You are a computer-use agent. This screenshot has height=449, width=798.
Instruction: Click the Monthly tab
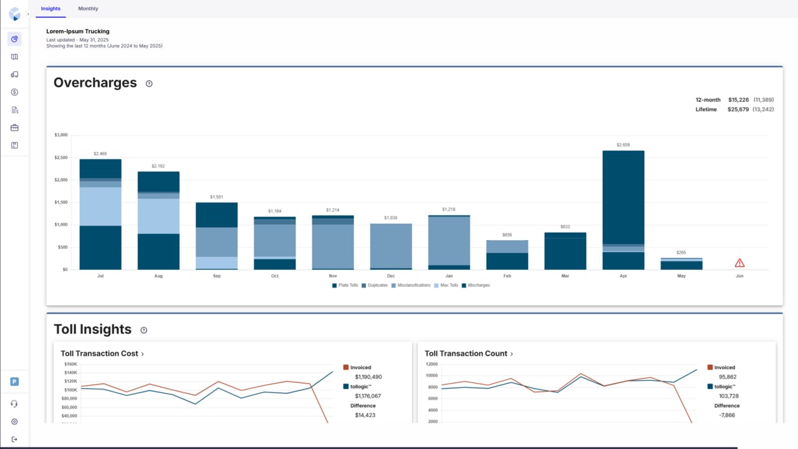point(88,9)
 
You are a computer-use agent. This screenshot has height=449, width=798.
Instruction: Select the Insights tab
point(50,9)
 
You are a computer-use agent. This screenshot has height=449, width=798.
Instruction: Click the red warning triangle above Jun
point(739,263)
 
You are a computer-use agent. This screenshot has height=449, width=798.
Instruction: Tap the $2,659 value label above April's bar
point(623,145)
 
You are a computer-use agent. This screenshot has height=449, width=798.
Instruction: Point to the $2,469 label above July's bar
point(100,153)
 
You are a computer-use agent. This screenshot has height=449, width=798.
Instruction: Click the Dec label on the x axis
point(390,276)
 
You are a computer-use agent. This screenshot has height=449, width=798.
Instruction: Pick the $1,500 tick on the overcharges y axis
point(60,202)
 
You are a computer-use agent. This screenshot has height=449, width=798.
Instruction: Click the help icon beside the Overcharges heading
point(149,84)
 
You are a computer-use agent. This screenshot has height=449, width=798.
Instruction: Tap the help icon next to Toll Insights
point(144,330)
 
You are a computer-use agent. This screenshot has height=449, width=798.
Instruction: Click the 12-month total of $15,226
point(738,100)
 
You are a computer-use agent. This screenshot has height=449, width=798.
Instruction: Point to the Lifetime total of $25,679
point(738,109)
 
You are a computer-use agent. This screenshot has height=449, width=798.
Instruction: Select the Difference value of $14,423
point(365,415)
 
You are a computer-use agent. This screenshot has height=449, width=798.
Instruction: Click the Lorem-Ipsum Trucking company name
point(78,31)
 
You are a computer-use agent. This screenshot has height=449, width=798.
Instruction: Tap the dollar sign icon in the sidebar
point(14,92)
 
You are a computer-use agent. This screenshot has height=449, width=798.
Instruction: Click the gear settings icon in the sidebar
point(14,422)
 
